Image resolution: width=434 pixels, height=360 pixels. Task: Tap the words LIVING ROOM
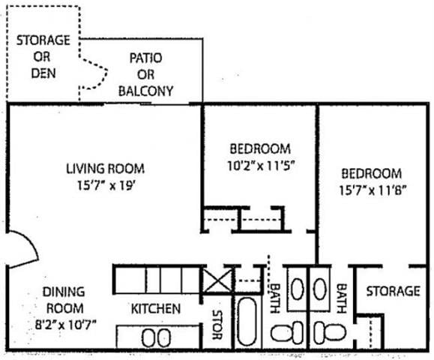pyautogui.click(x=104, y=169)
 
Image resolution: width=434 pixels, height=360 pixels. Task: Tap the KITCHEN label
pyautogui.click(x=155, y=309)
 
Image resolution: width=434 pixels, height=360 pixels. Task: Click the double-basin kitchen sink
pyautogui.click(x=157, y=337)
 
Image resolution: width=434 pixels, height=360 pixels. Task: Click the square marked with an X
pyautogui.click(x=217, y=283)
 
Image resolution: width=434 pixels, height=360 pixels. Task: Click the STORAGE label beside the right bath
pyautogui.click(x=393, y=291)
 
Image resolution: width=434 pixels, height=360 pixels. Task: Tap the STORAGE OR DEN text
pyautogui.click(x=43, y=57)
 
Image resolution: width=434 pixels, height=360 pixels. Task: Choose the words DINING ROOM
pyautogui.click(x=63, y=300)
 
